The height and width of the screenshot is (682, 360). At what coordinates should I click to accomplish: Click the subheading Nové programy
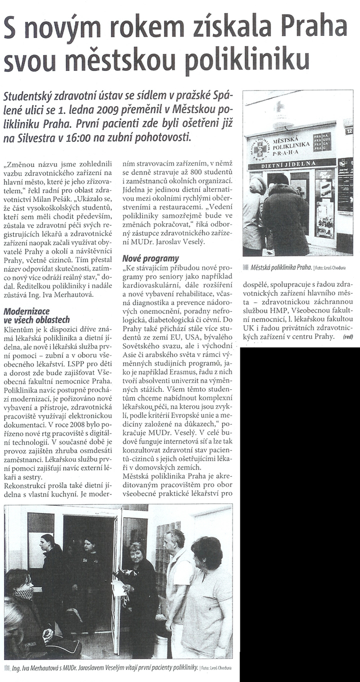150,258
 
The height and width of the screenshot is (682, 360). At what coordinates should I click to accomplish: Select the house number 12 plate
348,131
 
